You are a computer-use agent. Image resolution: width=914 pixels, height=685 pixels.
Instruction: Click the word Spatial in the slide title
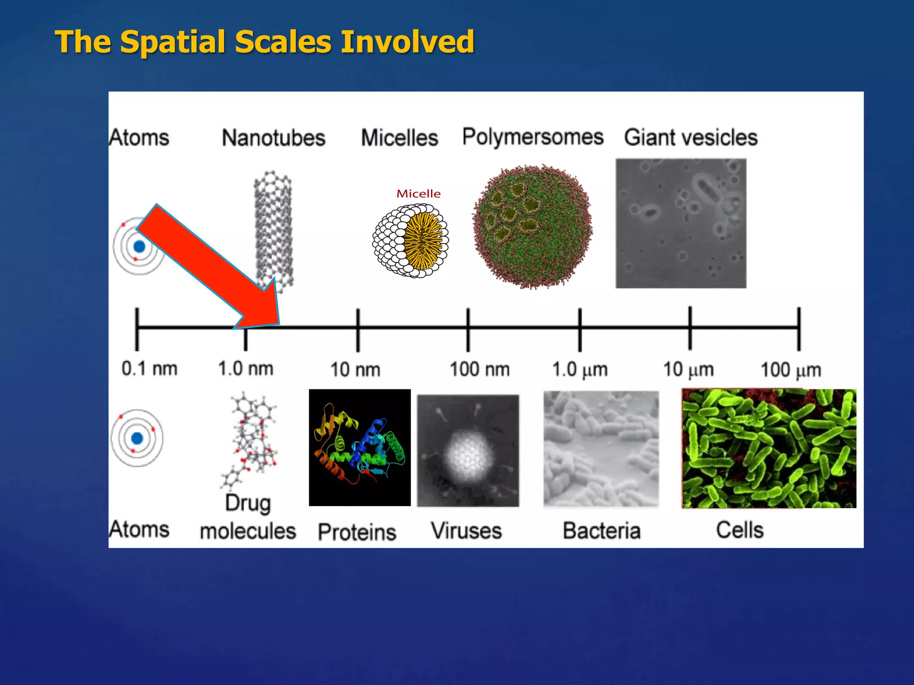(x=172, y=42)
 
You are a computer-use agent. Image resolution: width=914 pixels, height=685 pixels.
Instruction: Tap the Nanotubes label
(x=274, y=137)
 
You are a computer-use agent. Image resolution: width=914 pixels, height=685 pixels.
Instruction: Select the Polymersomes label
(x=532, y=136)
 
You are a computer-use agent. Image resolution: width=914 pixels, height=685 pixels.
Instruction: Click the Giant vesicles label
(x=690, y=137)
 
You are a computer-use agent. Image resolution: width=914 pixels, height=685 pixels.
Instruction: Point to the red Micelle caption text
(x=418, y=194)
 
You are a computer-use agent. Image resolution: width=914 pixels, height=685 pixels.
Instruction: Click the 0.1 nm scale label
(x=150, y=369)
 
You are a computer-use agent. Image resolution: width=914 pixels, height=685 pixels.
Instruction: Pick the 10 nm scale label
(x=355, y=370)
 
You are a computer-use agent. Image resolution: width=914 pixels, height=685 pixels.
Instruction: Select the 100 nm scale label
(x=479, y=369)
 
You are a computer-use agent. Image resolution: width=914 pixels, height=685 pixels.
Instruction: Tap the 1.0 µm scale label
(x=580, y=370)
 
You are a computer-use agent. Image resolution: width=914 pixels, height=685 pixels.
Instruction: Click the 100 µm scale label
(x=790, y=370)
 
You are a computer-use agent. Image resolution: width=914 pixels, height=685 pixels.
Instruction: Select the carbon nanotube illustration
(x=274, y=232)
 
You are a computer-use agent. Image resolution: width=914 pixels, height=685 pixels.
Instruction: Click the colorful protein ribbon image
(x=360, y=447)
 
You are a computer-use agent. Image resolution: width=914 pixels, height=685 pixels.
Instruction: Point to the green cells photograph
(x=769, y=448)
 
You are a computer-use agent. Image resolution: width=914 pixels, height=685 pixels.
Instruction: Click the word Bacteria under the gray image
(x=601, y=531)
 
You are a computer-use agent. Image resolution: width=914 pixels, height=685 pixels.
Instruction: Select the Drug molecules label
(x=248, y=517)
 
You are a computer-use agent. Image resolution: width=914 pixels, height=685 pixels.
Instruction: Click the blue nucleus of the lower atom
(x=137, y=438)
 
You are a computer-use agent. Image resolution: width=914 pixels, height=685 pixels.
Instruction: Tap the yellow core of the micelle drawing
(x=423, y=241)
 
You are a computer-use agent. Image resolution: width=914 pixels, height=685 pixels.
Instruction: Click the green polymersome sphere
(x=532, y=226)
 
